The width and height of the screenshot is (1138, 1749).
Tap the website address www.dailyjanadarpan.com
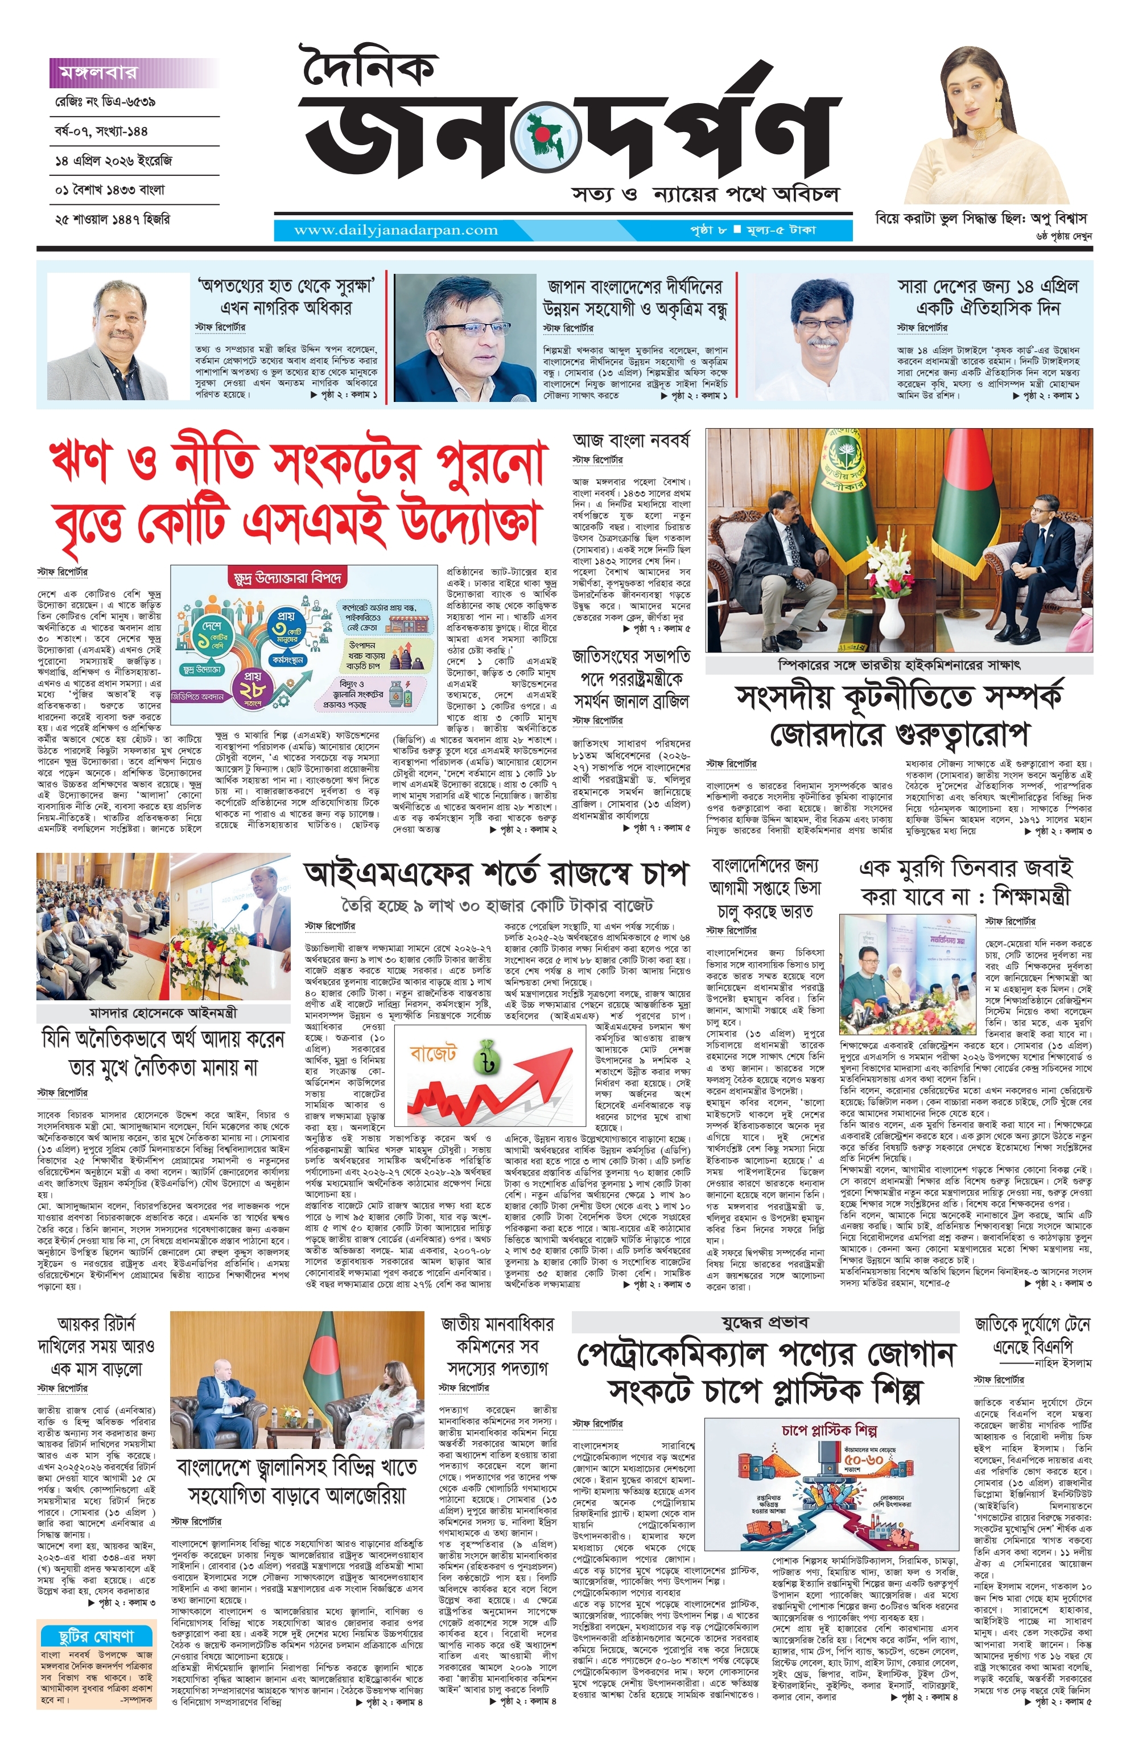(395, 230)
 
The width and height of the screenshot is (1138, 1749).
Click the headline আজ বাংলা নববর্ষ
(630, 441)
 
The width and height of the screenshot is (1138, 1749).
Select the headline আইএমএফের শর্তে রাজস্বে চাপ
(496, 874)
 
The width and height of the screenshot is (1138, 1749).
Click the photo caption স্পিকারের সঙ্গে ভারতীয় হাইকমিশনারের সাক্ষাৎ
(898, 664)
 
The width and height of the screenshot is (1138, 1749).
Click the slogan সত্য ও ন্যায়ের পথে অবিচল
(706, 195)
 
